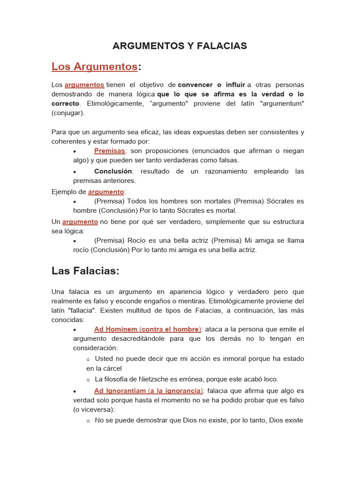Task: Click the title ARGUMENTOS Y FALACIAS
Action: point(180,46)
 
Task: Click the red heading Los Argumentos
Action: point(94,67)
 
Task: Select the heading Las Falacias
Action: point(85,271)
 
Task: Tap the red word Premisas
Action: point(109,151)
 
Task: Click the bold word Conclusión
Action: point(113,171)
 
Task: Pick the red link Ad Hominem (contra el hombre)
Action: point(147,329)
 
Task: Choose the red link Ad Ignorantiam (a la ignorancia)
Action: point(148,390)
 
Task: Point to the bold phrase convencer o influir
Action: point(211,85)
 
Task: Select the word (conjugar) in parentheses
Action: point(68,113)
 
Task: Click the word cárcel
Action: point(112,368)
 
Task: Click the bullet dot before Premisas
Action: point(75,151)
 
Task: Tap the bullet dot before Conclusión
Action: point(75,172)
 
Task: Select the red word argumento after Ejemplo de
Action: point(106,192)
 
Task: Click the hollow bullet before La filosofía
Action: point(88,379)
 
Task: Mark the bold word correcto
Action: point(65,103)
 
